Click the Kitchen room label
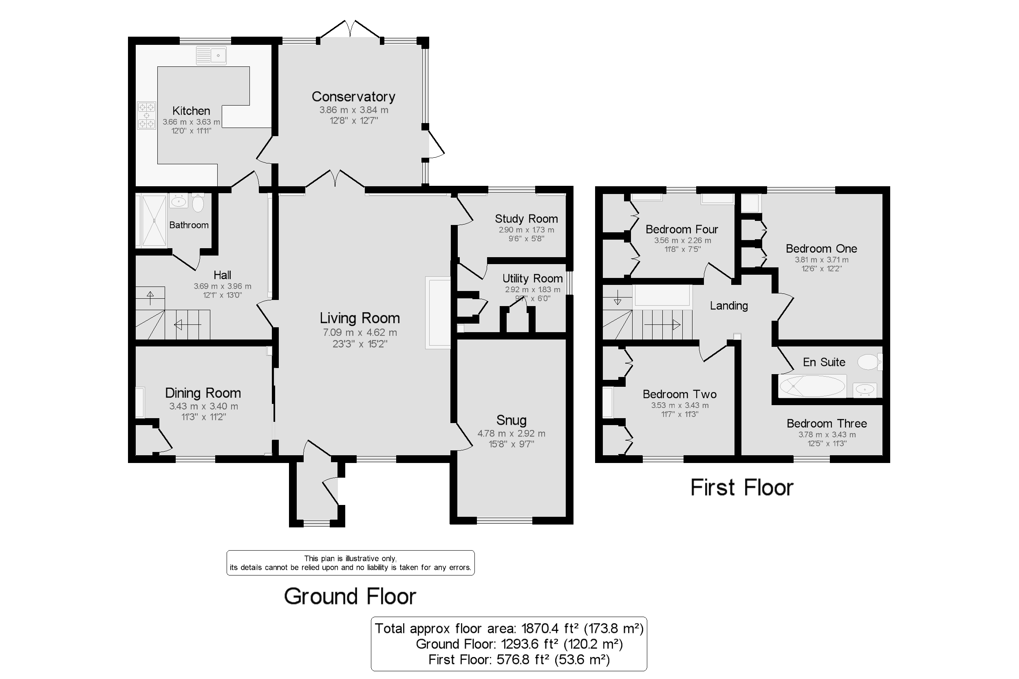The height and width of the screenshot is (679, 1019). pos(191,111)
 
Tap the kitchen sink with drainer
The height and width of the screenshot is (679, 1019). pos(211,55)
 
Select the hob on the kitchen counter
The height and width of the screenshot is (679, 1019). pos(146,115)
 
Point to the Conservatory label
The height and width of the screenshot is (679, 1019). pos(353,97)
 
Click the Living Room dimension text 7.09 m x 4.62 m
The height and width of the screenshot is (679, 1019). pos(360,333)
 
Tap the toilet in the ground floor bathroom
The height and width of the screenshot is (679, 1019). pos(198,203)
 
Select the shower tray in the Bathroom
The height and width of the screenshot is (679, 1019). pos(154,221)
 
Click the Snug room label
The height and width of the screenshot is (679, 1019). pos(512,420)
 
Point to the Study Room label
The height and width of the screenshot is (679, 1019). pos(526,219)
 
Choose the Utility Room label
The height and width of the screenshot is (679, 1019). pos(532,278)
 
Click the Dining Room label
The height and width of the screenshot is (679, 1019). pos(203,393)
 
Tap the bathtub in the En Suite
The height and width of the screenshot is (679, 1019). pos(812,386)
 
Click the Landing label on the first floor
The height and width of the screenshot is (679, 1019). pos(729,306)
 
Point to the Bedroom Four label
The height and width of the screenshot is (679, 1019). pos(682,229)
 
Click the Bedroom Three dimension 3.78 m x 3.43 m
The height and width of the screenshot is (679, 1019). pos(827,435)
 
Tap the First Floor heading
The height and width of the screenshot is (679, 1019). pos(742,487)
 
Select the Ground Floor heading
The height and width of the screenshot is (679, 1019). pos(350,596)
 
